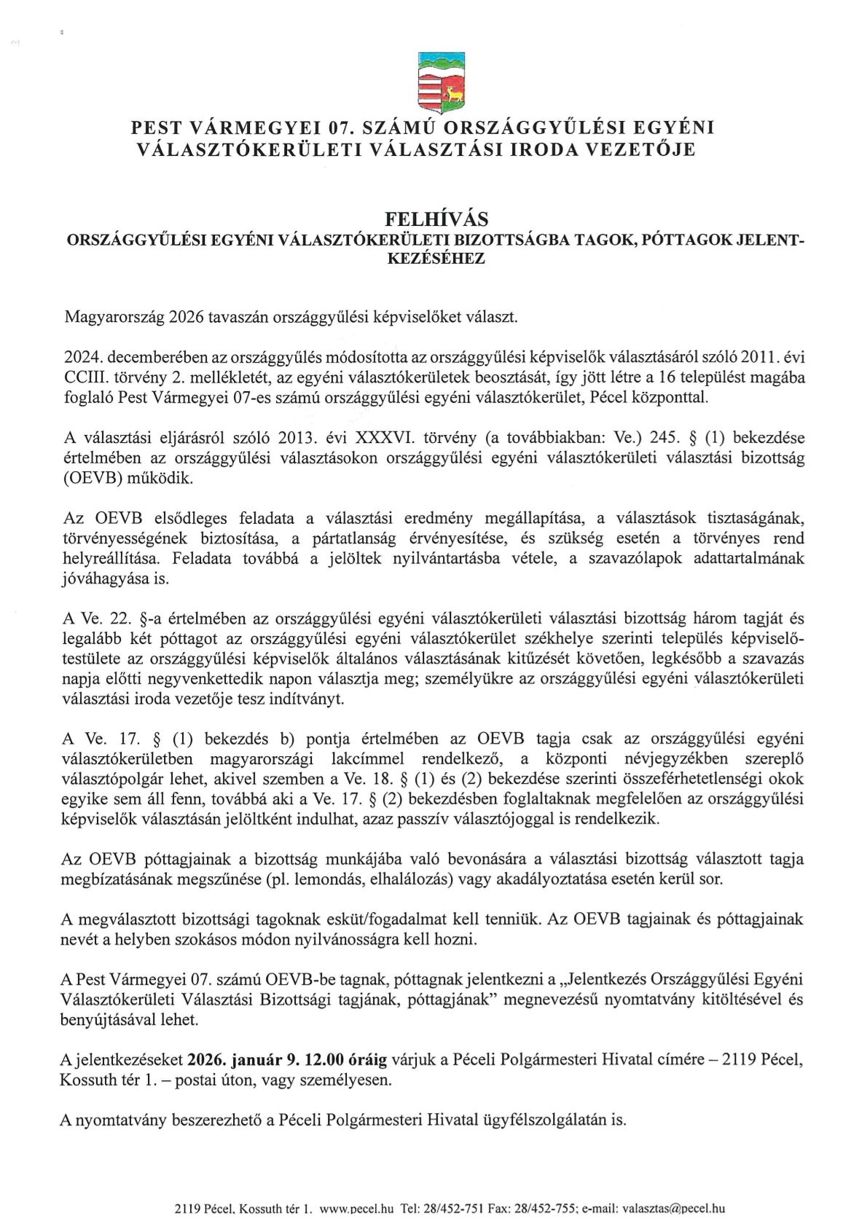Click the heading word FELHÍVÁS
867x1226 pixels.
(x=435, y=219)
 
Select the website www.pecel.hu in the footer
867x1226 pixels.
(x=357, y=1209)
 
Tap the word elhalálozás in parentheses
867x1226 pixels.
(x=407, y=879)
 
